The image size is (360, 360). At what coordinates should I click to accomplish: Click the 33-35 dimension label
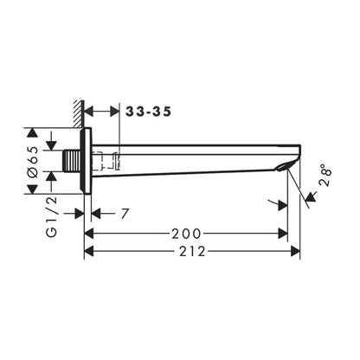(x=149, y=112)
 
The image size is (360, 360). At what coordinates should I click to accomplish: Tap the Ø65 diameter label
(x=32, y=161)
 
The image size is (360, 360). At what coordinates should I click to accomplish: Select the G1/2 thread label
(x=52, y=217)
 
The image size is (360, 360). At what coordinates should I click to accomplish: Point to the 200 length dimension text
(x=186, y=234)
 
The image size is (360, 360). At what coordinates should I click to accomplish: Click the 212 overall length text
(x=192, y=251)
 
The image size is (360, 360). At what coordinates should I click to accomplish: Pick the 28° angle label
(x=325, y=175)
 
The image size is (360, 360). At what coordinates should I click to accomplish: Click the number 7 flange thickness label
(x=125, y=214)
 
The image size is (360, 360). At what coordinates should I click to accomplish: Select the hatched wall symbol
(x=78, y=114)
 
